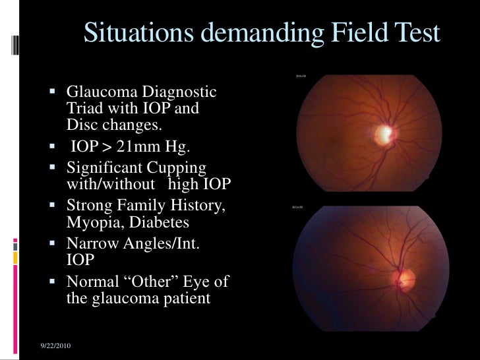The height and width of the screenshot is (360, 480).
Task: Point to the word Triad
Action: click(84, 108)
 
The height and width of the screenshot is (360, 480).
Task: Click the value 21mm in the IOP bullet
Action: click(136, 146)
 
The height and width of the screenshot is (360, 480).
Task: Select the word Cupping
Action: click(180, 168)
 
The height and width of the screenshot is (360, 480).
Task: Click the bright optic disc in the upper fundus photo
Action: click(382, 135)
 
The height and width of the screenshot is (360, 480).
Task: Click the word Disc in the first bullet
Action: click(80, 123)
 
